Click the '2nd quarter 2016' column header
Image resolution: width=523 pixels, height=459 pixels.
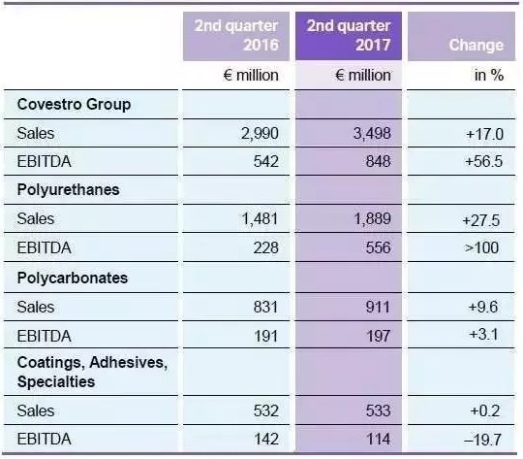click(236, 36)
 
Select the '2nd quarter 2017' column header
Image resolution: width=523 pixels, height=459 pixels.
click(349, 36)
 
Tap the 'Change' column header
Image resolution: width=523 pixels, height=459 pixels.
click(476, 45)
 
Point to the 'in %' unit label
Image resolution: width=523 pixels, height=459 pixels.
click(489, 75)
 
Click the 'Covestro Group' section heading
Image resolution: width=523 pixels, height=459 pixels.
click(74, 104)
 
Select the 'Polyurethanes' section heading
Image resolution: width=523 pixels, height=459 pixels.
click(68, 190)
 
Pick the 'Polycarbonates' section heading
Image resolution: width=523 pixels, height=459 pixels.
click(73, 278)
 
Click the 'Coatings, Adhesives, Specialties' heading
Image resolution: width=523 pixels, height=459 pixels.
click(92, 372)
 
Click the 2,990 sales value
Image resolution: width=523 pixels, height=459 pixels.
click(260, 133)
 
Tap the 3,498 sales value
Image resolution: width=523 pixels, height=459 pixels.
click(372, 133)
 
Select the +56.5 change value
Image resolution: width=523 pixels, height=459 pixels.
click(484, 161)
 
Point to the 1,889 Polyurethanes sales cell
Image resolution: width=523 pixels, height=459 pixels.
click(372, 219)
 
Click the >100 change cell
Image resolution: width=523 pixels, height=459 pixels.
click(481, 247)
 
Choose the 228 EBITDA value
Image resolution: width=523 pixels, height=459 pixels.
click(265, 247)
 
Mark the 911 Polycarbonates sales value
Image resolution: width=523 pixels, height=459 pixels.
click(378, 307)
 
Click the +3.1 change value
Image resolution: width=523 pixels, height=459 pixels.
click(483, 334)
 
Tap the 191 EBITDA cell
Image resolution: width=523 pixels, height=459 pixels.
click(265, 336)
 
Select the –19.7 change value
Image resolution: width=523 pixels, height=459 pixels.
click(482, 440)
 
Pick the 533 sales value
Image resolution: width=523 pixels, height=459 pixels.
click(378, 410)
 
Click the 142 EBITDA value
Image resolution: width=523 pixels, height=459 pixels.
click(266, 439)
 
